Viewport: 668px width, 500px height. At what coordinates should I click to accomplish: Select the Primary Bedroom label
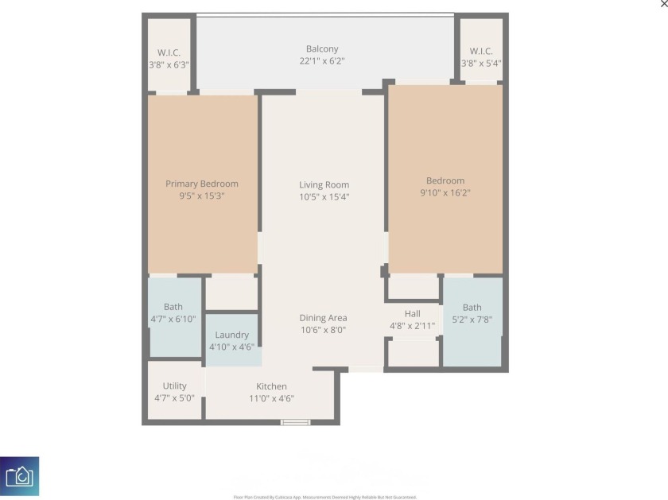click(202, 184)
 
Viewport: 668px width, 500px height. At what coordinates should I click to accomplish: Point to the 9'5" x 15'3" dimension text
click(202, 196)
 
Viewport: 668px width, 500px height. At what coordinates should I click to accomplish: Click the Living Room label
click(324, 184)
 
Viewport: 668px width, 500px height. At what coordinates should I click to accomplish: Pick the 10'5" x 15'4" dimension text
click(324, 197)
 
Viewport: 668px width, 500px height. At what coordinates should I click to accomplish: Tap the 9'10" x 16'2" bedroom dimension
click(445, 193)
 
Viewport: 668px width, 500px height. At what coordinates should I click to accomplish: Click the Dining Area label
click(323, 318)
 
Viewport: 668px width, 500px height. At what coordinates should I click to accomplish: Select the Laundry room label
click(232, 335)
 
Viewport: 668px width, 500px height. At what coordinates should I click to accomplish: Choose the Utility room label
click(174, 386)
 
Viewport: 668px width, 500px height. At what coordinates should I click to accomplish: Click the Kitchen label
click(271, 387)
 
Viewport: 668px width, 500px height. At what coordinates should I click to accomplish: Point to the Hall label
click(412, 313)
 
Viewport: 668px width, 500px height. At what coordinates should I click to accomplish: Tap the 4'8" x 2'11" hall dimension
click(412, 325)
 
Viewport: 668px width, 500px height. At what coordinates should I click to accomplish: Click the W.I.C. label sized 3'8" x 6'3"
click(169, 52)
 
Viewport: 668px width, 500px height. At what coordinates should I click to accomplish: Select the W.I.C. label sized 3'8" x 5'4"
click(481, 52)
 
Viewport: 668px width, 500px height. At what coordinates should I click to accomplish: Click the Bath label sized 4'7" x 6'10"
click(173, 307)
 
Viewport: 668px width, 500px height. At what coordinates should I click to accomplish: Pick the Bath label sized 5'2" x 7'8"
click(472, 308)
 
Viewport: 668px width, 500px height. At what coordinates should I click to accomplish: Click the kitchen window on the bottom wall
click(295, 422)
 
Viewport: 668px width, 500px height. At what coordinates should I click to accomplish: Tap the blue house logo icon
click(19, 476)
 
